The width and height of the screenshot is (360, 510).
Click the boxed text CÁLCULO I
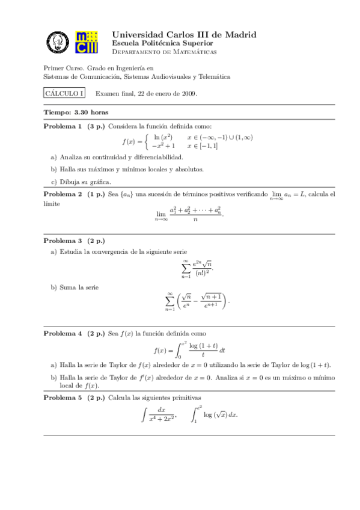64,93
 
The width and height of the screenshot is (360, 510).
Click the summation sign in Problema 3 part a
186,268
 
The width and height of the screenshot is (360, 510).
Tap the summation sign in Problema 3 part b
169,302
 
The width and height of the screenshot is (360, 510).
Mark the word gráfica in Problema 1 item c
101,182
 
